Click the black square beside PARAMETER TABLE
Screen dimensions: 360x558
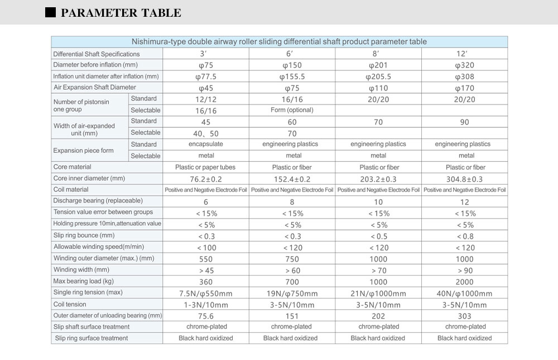click(50, 12)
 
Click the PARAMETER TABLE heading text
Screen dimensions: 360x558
click(121, 12)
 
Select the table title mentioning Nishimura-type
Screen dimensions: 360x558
click(279, 41)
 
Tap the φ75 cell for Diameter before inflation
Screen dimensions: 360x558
click(206, 65)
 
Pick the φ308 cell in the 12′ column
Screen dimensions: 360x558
click(464, 76)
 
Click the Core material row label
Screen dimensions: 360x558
click(72, 167)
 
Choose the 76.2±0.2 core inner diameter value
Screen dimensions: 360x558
click(206, 179)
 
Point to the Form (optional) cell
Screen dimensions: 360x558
click(292, 110)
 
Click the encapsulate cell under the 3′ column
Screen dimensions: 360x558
click(206, 144)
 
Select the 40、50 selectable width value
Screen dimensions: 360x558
click(206, 133)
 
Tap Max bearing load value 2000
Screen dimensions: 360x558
click(464, 281)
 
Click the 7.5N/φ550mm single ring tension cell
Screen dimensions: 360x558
click(206, 293)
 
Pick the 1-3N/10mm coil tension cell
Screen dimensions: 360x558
click(206, 305)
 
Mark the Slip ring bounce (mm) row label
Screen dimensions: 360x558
click(84, 235)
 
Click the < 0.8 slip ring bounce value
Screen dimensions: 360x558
click(464, 236)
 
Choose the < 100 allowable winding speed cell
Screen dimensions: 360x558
click(206, 247)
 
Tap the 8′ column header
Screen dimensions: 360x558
click(378, 54)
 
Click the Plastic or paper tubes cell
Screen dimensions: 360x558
click(206, 167)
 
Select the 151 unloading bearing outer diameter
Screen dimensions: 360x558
click(292, 316)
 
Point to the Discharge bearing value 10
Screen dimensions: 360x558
click(378, 201)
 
